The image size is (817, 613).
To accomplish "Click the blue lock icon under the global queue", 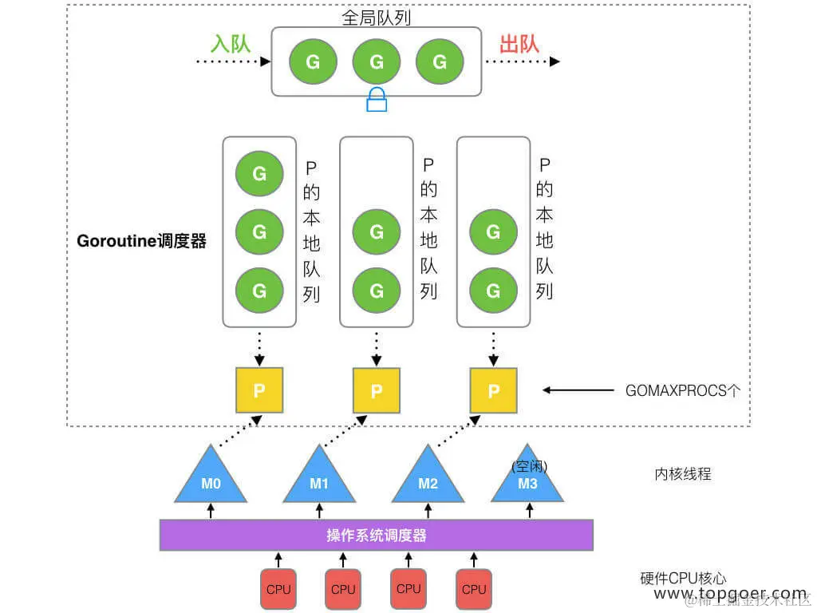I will (377, 100).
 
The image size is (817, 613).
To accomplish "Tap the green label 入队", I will (231, 43).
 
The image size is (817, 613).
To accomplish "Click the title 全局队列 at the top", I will (377, 18).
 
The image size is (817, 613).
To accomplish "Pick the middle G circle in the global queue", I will (377, 61).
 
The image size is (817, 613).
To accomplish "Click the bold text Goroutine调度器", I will (141, 241).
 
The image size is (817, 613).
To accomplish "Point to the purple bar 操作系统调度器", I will (377, 535).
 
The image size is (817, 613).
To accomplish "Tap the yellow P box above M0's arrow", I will (259, 390).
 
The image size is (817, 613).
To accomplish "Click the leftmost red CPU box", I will (278, 589).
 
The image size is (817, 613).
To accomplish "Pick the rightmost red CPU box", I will (474, 589).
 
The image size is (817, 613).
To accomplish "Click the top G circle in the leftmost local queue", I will (259, 173).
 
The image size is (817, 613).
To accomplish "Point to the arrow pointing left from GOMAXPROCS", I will (577, 390).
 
